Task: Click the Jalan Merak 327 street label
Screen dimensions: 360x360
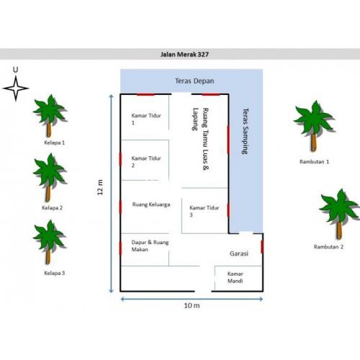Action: pos(184,55)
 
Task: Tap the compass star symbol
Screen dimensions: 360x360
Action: pos(16,89)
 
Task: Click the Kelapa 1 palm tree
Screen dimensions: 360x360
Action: pos(50,116)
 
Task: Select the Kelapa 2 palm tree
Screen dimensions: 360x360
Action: pos(50,178)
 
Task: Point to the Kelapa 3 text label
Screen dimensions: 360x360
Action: pos(55,273)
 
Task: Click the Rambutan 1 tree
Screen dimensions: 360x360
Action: pos(314,126)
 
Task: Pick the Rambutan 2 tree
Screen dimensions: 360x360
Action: pos(338,214)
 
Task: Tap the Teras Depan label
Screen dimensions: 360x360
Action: pos(194,81)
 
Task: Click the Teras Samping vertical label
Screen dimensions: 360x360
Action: pos(246,131)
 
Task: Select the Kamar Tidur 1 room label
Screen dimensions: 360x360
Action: pos(146,119)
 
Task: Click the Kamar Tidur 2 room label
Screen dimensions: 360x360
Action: pos(146,162)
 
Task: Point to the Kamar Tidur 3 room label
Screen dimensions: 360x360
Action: pos(204,211)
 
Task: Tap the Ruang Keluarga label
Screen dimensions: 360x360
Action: pos(151,204)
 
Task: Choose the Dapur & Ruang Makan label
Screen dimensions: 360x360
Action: pos(150,246)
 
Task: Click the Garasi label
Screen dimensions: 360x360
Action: pos(239,253)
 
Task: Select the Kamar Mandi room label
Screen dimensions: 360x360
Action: pos(235,277)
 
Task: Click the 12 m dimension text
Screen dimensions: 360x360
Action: pos(100,187)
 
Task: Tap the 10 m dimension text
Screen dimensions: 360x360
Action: pos(192,305)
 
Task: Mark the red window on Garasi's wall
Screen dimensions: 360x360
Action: pos(262,247)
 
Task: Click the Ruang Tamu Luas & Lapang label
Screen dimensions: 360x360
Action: pos(200,139)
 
